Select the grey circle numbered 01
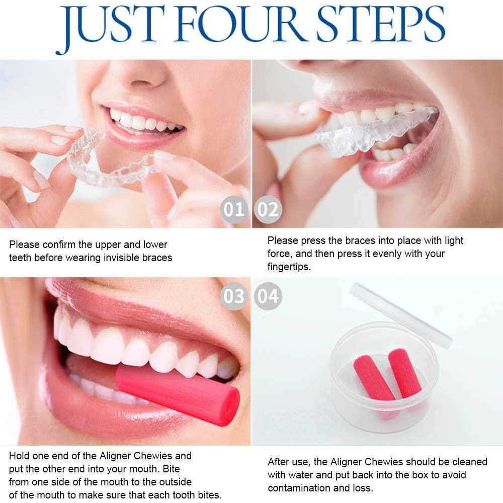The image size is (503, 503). pos(234,209)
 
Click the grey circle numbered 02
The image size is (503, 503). pos(268,209)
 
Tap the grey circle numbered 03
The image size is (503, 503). pos(234,296)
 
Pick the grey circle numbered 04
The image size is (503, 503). pos(268,296)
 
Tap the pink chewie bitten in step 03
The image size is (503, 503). pos(177,394)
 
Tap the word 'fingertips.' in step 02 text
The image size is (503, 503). pos(289,267)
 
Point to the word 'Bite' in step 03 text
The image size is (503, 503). pos(172,469)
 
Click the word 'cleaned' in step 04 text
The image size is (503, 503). pos(470,462)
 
